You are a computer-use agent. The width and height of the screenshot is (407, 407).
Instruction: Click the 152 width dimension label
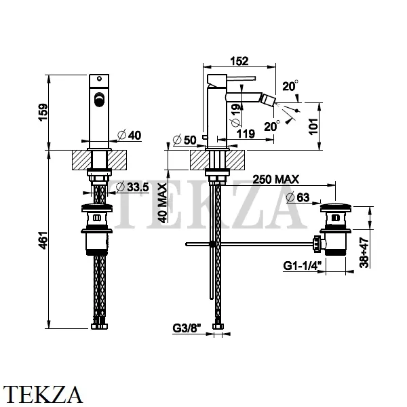pos(239,61)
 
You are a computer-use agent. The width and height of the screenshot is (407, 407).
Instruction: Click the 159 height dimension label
pos(43,112)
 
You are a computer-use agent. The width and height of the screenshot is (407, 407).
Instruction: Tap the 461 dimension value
pos(43,240)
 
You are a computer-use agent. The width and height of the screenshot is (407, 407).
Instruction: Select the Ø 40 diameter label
pos(130,135)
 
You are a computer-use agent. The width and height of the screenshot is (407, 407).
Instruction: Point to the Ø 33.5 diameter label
pos(132,187)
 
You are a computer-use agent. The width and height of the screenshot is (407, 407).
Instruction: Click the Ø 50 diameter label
pos(185,140)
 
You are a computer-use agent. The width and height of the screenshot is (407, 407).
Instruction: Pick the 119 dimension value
pos(246,134)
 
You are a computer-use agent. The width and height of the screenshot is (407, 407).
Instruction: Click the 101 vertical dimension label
pos(313,126)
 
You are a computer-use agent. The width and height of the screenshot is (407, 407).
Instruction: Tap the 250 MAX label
pos(275,179)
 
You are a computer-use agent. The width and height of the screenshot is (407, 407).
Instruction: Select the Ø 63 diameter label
pos(298,198)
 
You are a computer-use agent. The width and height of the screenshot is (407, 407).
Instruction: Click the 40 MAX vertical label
pos(163,203)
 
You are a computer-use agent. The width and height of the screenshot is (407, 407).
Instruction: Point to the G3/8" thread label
pos(187,328)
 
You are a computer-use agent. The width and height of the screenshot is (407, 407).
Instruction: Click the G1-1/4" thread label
pos(303,266)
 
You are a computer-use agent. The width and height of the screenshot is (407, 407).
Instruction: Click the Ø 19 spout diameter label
pos(236,115)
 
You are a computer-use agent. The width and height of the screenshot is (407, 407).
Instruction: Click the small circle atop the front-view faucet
pos(99,79)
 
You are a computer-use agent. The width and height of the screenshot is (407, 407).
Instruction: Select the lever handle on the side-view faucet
pos(241,78)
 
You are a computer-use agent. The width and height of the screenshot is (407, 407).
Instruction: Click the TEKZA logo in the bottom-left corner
pos(43,394)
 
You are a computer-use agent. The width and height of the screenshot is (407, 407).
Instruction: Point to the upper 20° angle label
pos(290,86)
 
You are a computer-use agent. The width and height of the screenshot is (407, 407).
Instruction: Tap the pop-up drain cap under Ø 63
pos(336,207)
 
